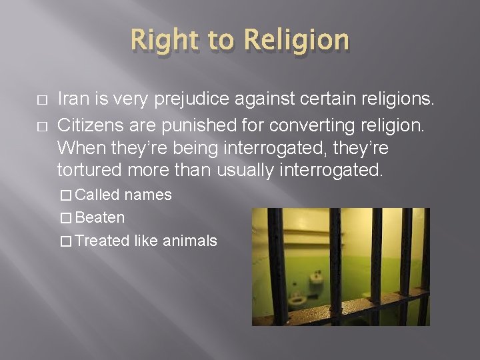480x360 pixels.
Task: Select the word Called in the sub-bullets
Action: pos(99,195)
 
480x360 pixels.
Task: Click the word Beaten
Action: pos(100,218)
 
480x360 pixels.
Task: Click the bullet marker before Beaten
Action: pos(65,218)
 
